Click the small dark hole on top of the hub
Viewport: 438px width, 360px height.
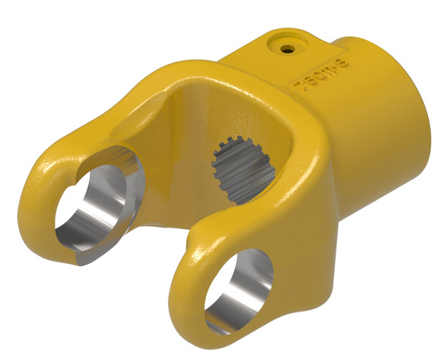287,50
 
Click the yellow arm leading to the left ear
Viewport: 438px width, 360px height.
121,114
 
